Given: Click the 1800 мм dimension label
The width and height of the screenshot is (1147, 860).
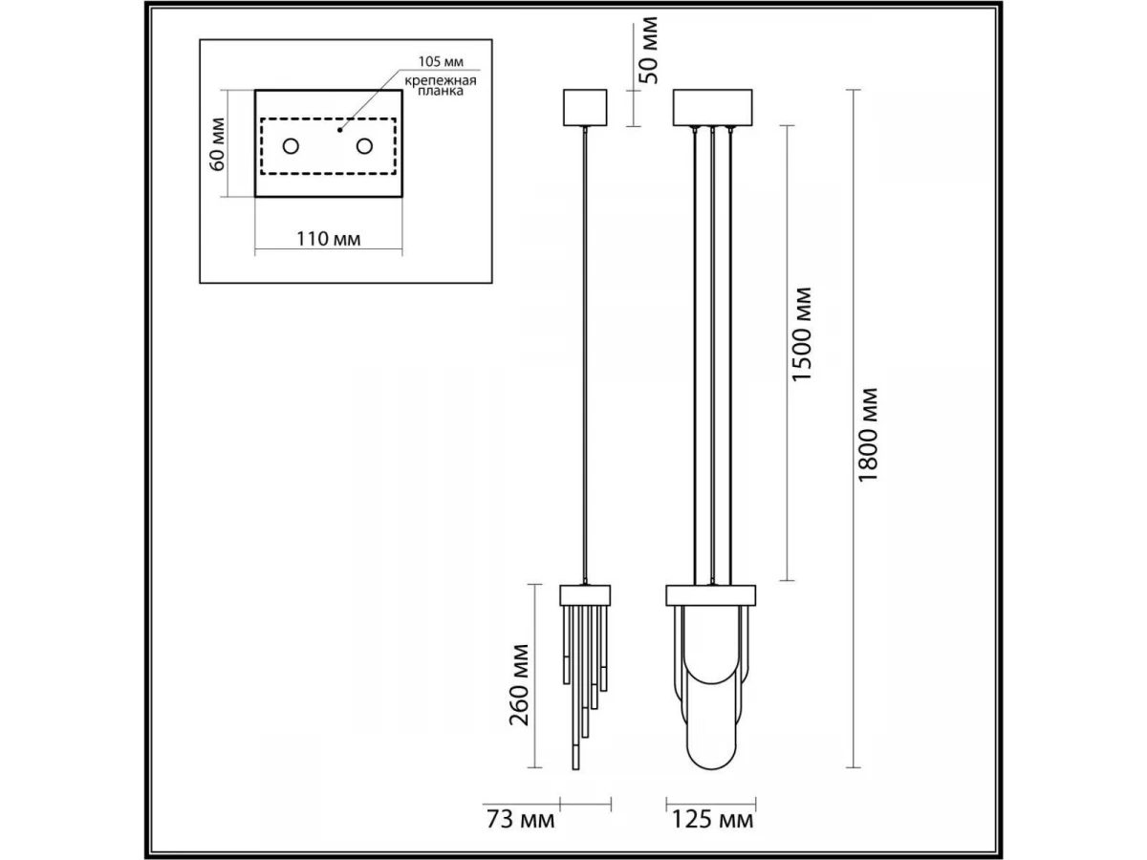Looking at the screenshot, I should tap(867, 435).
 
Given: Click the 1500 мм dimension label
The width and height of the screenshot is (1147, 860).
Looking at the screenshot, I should tap(803, 334).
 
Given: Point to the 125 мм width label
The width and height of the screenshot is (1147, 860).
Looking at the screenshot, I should tap(714, 819).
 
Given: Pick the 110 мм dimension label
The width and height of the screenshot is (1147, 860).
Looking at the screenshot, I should tap(328, 238).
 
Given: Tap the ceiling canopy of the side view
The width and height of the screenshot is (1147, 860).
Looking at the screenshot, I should tap(585, 107).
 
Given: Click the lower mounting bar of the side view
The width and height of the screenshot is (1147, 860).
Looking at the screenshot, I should tap(585, 594).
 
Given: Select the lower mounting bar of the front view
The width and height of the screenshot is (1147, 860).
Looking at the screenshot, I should tap(711, 594).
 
